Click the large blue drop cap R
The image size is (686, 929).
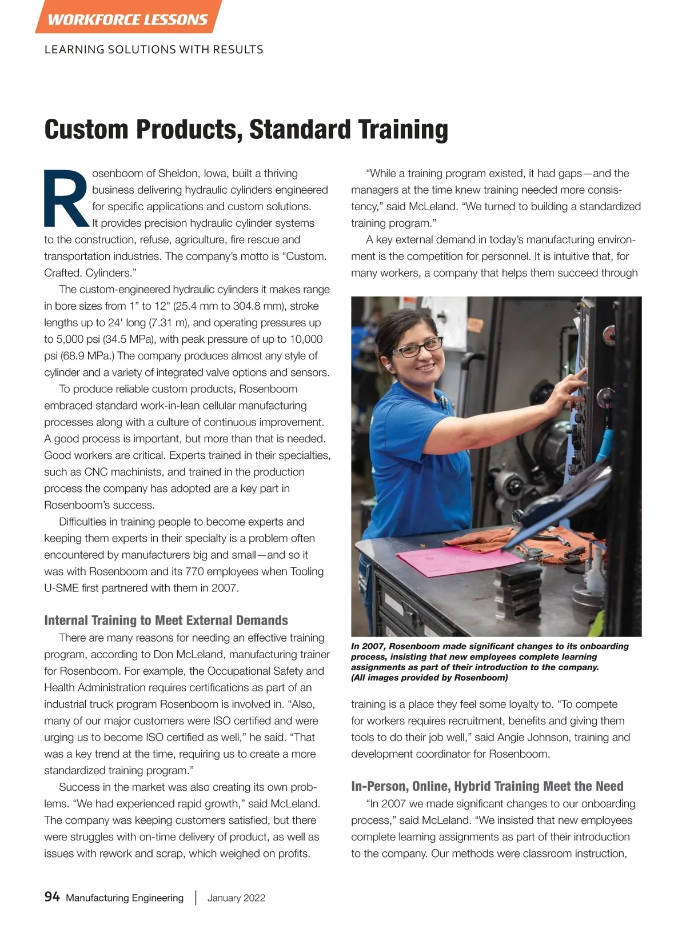pyautogui.click(x=66, y=198)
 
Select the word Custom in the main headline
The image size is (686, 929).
pyautogui.click(x=87, y=130)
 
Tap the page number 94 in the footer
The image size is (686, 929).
pyautogui.click(x=52, y=896)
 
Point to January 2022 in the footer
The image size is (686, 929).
pyautogui.click(x=236, y=898)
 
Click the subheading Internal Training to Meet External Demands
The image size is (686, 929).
pyautogui.click(x=166, y=620)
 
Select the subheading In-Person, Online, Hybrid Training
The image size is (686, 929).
pyautogui.click(x=487, y=786)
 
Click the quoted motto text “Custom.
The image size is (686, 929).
pyautogui.click(x=305, y=257)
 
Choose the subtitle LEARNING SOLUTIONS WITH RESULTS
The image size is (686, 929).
pyautogui.click(x=154, y=50)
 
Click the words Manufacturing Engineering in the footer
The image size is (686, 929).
pyautogui.click(x=125, y=898)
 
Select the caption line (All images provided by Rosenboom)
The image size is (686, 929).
pyautogui.click(x=429, y=678)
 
